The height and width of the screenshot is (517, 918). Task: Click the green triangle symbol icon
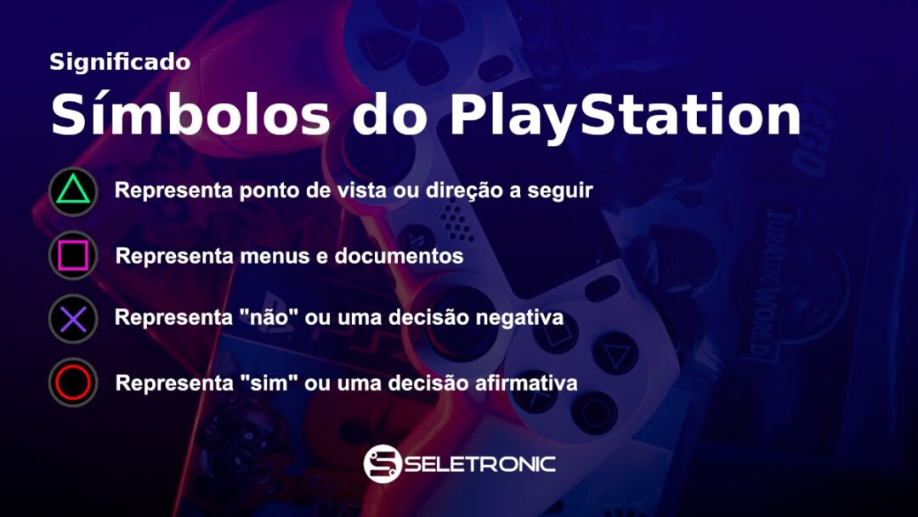point(73,191)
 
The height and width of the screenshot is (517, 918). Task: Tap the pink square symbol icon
point(73,255)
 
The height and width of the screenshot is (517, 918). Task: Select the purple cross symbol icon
point(73,319)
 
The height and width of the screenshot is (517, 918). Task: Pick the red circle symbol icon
point(73,383)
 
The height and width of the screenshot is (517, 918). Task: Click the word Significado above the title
point(120,62)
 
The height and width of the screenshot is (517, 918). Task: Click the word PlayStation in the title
point(625,116)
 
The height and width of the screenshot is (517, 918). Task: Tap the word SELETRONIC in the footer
point(481,464)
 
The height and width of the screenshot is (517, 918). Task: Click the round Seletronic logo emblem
point(382,463)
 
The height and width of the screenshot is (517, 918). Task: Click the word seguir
point(562,191)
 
